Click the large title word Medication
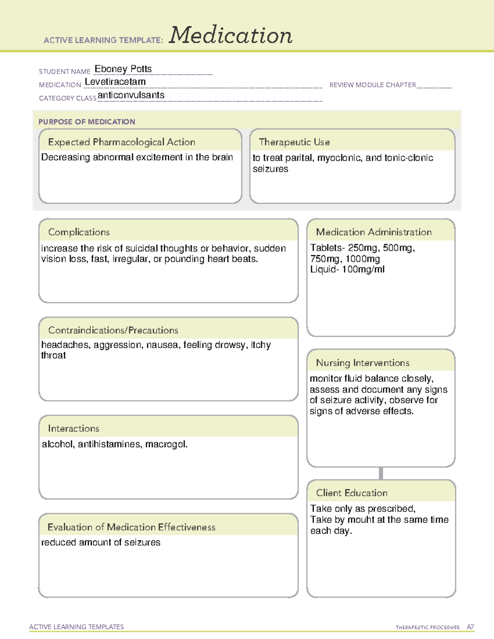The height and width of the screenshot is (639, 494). coord(231,35)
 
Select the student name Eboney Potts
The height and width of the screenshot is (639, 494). coord(123,69)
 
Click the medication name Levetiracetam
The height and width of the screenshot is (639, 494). coord(115,82)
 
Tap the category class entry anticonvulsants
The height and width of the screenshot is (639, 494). coord(131,95)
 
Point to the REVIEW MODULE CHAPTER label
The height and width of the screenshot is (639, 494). coord(373,85)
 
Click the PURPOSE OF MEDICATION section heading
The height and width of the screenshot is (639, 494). coord(87,122)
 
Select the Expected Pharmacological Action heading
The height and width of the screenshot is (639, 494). coord(121,142)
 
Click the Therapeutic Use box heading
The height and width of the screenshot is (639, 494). coord(294,142)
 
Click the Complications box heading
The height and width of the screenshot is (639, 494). coord(79,232)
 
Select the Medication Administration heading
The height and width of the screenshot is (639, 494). coord(374,232)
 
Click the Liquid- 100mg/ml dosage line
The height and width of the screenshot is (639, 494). coord(347,270)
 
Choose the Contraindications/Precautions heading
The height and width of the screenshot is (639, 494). coord(113,330)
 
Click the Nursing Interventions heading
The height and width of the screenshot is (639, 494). coord(363,362)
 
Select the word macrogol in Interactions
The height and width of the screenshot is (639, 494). coord(166,444)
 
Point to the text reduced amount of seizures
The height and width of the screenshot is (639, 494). coord(101,542)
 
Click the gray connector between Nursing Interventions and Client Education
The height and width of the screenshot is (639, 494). coord(381,473)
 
